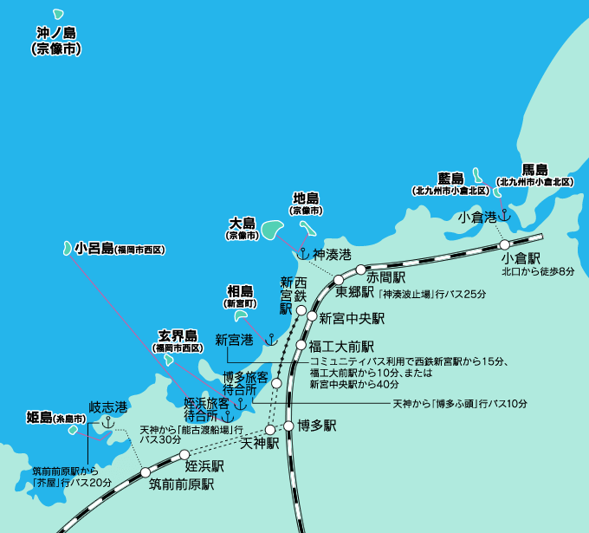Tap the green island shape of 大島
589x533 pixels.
271,231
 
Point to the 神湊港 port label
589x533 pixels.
332,255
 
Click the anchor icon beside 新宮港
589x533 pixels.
269,338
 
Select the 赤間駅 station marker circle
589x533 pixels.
360,270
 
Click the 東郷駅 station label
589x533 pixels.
353,291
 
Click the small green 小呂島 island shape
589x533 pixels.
68,249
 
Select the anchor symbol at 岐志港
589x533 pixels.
108,422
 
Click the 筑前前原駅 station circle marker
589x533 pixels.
145,472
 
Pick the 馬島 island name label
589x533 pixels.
534,169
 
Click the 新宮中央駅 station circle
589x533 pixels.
313,317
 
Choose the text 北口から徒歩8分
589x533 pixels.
537,272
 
